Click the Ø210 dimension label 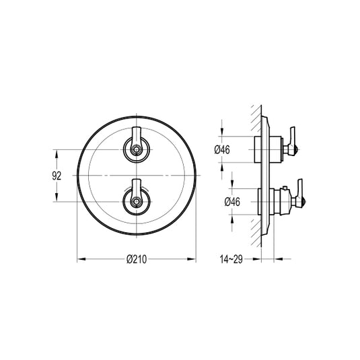pos(137,259)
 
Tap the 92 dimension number pos(57,176)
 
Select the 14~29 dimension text pos(231,259)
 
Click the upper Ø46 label pos(222,150)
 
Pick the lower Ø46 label pos(232,202)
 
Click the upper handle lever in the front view pos(137,137)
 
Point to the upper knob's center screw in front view pos(137,150)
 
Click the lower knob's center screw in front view pos(137,202)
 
